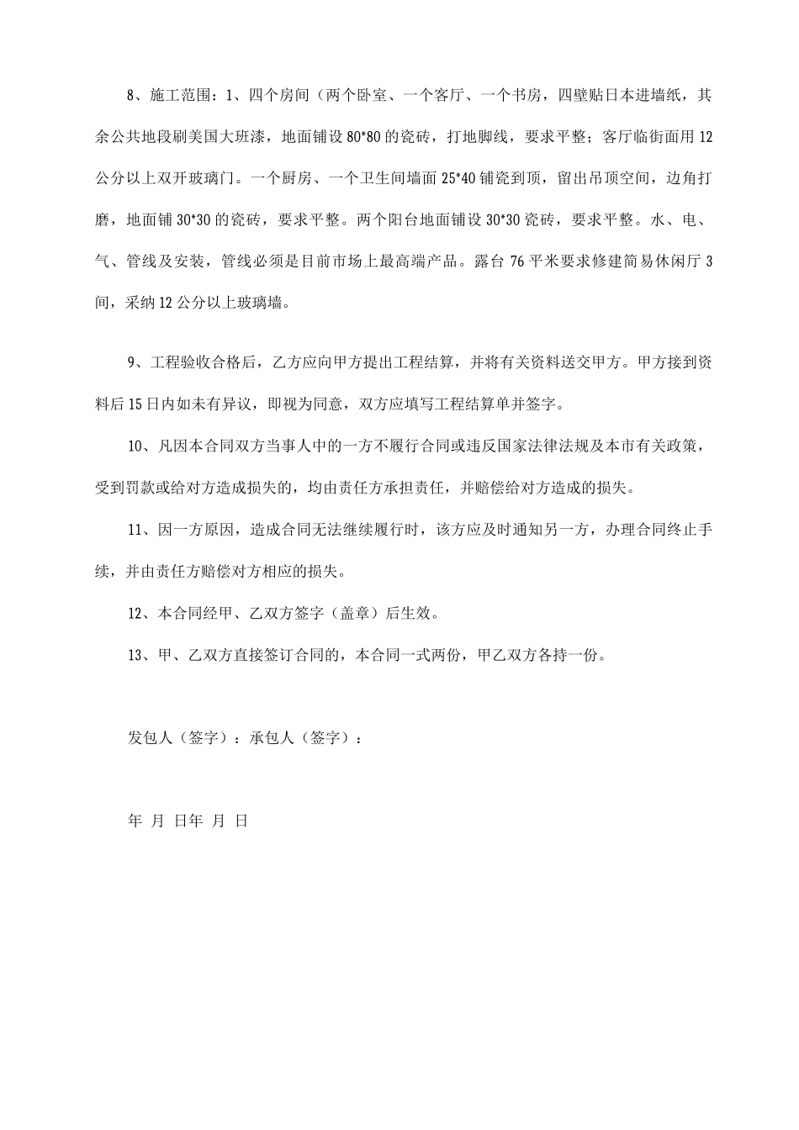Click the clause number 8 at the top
tap(131, 96)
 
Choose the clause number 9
tap(131, 362)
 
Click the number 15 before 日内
tap(138, 404)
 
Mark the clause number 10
tap(135, 446)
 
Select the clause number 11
tap(135, 529)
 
